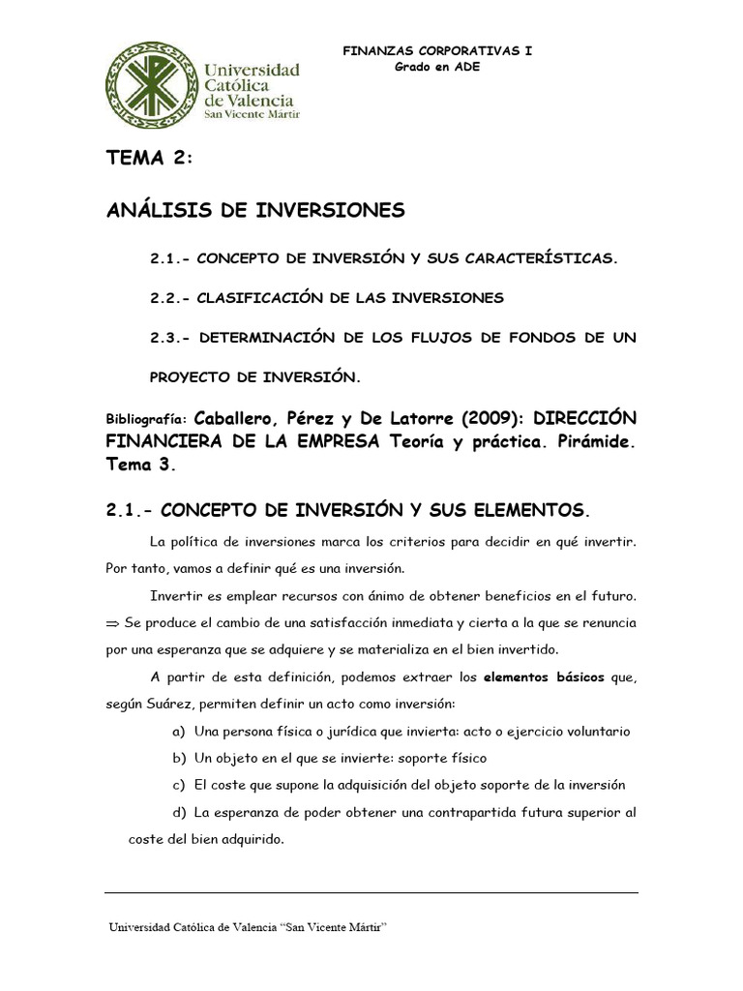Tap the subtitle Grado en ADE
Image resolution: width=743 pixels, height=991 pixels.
[x=437, y=67]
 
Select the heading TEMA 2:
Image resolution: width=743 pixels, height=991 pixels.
[x=149, y=160]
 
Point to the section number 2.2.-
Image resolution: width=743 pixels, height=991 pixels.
[x=169, y=298]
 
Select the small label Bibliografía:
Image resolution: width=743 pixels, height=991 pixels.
[x=147, y=422]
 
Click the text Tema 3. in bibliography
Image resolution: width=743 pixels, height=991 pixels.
[x=142, y=465]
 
